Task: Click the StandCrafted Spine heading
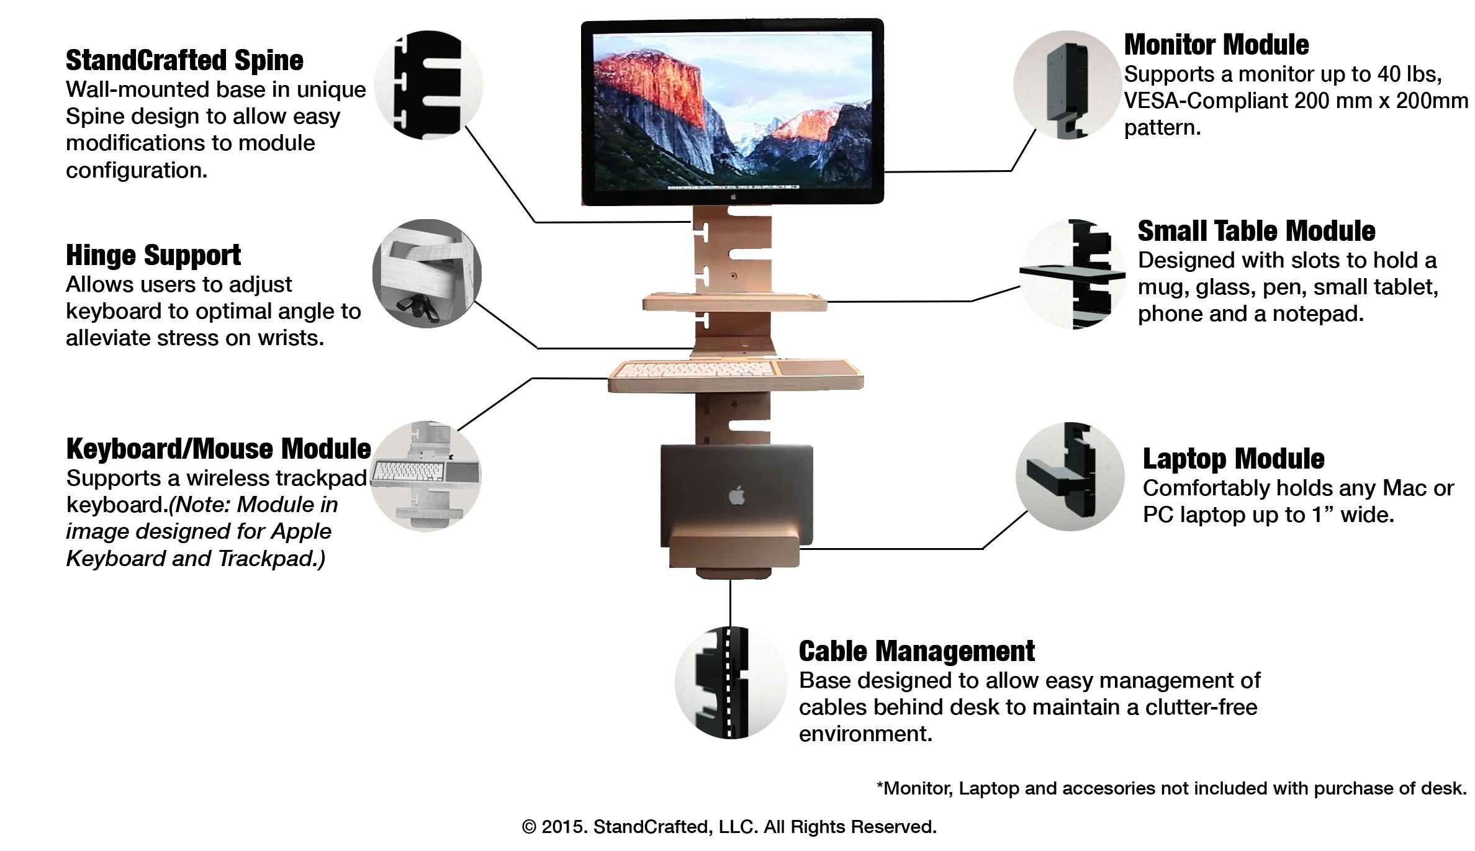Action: tap(184, 61)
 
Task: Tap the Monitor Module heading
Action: tap(1216, 45)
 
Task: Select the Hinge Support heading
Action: tap(153, 256)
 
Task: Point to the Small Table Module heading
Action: tap(1256, 231)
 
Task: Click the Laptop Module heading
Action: tap(1233, 459)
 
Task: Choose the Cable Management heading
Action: tap(916, 652)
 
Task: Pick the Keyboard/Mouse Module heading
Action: tap(219, 449)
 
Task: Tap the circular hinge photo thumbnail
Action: tap(427, 274)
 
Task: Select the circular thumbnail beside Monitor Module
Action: tap(1068, 85)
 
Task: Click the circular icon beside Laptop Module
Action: tap(1070, 477)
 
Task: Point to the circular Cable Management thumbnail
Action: tap(731, 683)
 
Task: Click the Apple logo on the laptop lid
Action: tap(736, 495)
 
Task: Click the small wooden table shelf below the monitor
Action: tap(734, 303)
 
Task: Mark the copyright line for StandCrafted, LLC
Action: tap(729, 827)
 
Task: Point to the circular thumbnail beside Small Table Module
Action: tap(1073, 274)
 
